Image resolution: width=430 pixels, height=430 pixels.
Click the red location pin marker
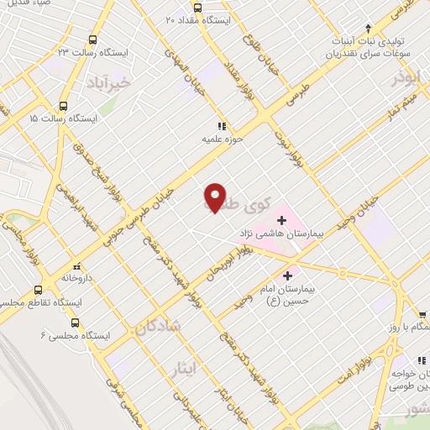point(215,197)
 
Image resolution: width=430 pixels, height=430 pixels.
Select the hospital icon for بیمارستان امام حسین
point(288,275)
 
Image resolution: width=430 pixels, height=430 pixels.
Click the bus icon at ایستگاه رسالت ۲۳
point(92,39)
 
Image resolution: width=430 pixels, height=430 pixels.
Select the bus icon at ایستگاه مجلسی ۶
point(76,322)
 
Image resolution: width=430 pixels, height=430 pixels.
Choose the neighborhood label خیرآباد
point(108,82)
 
